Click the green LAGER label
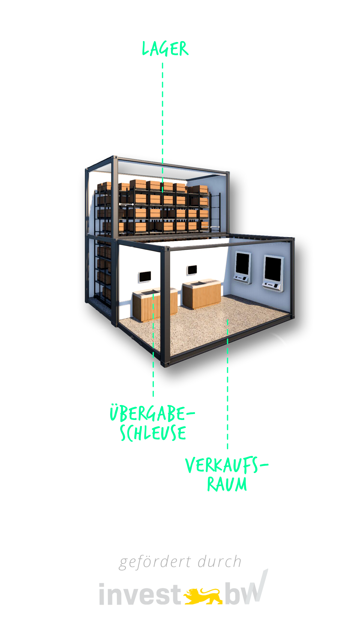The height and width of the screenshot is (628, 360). pyautogui.click(x=165, y=49)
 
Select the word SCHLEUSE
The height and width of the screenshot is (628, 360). pyautogui.click(x=153, y=433)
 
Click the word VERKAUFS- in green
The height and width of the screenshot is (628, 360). pyautogui.click(x=226, y=465)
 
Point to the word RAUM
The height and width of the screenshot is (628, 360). pyautogui.click(x=227, y=484)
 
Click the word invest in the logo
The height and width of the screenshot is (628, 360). pyautogui.click(x=139, y=595)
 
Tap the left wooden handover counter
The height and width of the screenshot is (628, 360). pyautogui.click(x=155, y=304)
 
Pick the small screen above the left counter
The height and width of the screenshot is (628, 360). pyautogui.click(x=145, y=277)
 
